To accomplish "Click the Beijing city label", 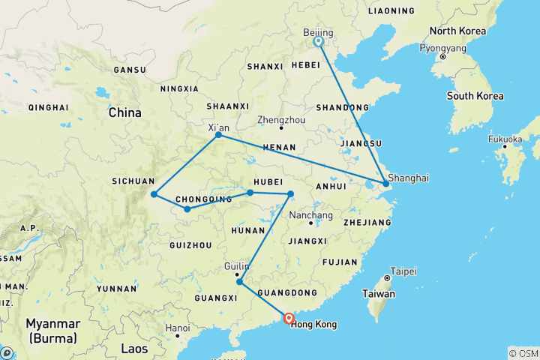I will pos(318,32).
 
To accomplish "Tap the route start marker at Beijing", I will pos(319,43).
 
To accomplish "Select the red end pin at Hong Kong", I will pos(289,319).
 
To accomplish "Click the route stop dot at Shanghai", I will pos(386,183).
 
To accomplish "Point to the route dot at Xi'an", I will pos(218,135).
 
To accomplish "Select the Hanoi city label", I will pos(178,328).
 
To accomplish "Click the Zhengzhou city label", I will pos(280,119).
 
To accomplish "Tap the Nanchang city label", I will pos(310,215).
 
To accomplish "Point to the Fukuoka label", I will pos(505,139).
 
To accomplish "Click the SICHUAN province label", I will pos(133,181).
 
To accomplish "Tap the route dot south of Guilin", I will pos(239,282).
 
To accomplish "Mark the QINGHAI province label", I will pos(48,108).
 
